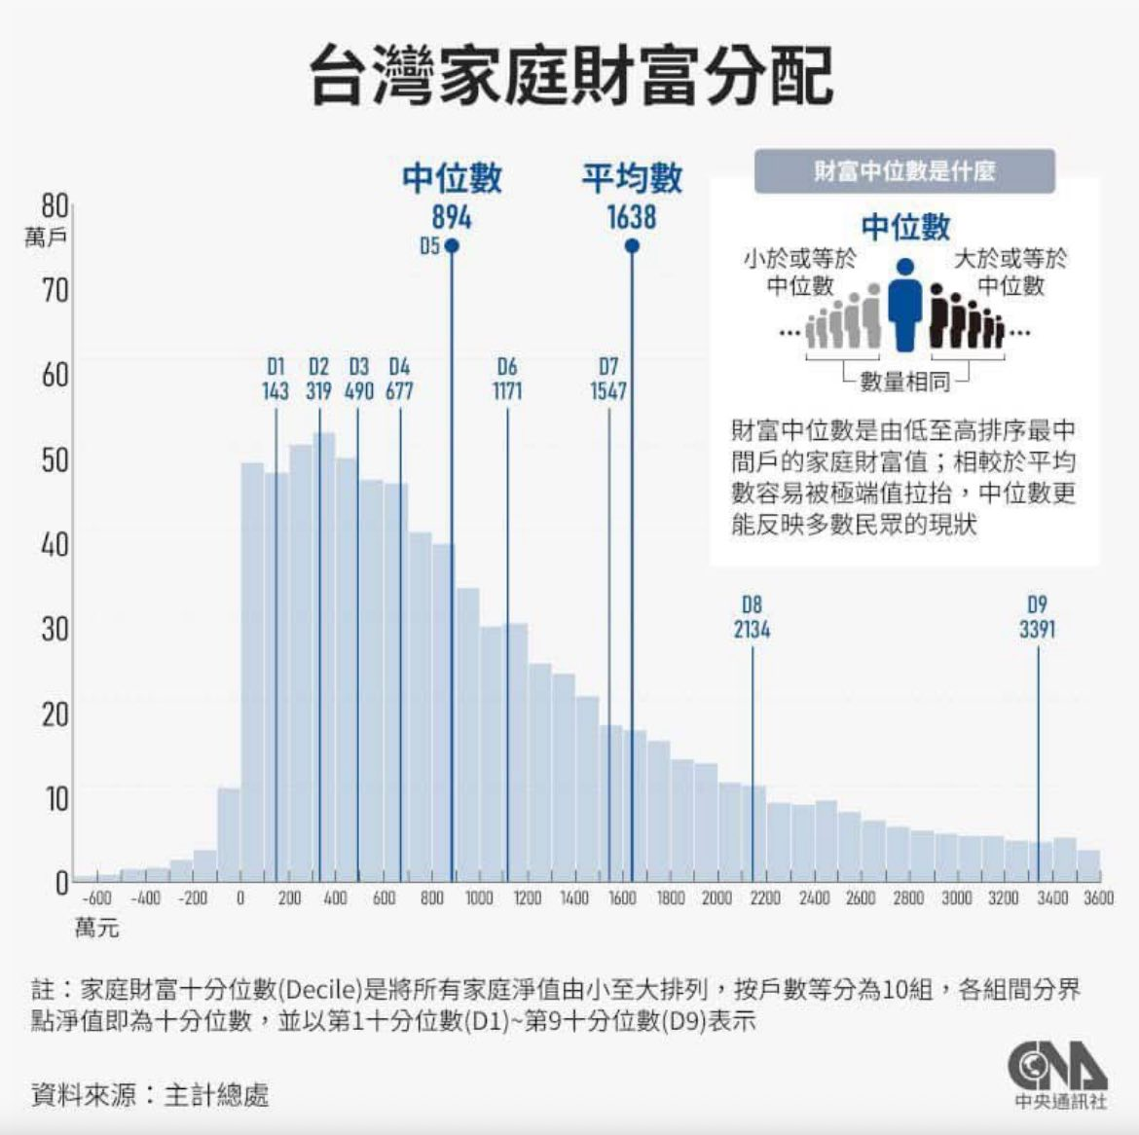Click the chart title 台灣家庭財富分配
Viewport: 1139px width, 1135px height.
(571, 77)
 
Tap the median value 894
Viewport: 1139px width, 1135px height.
(452, 217)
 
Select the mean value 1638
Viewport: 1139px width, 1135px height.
(632, 217)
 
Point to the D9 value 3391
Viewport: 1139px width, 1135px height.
(1037, 629)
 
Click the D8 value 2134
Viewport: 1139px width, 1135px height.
(752, 629)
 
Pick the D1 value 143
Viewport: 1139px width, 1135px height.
(276, 390)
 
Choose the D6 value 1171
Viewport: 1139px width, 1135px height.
(507, 390)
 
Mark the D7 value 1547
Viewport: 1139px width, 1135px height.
(608, 390)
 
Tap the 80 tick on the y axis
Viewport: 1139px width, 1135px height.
(55, 205)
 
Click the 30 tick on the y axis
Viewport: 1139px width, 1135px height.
(55, 629)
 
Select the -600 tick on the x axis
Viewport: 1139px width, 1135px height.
(96, 897)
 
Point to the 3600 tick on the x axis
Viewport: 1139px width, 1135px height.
(1097, 897)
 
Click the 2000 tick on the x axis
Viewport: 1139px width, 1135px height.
(716, 897)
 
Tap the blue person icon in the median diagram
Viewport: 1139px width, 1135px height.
(905, 304)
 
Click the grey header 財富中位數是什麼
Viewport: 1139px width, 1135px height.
(905, 172)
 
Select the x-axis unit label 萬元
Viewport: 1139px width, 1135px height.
(97, 928)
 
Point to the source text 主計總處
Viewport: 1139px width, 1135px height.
(215, 1094)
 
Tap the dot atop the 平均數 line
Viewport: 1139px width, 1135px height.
(632, 246)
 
